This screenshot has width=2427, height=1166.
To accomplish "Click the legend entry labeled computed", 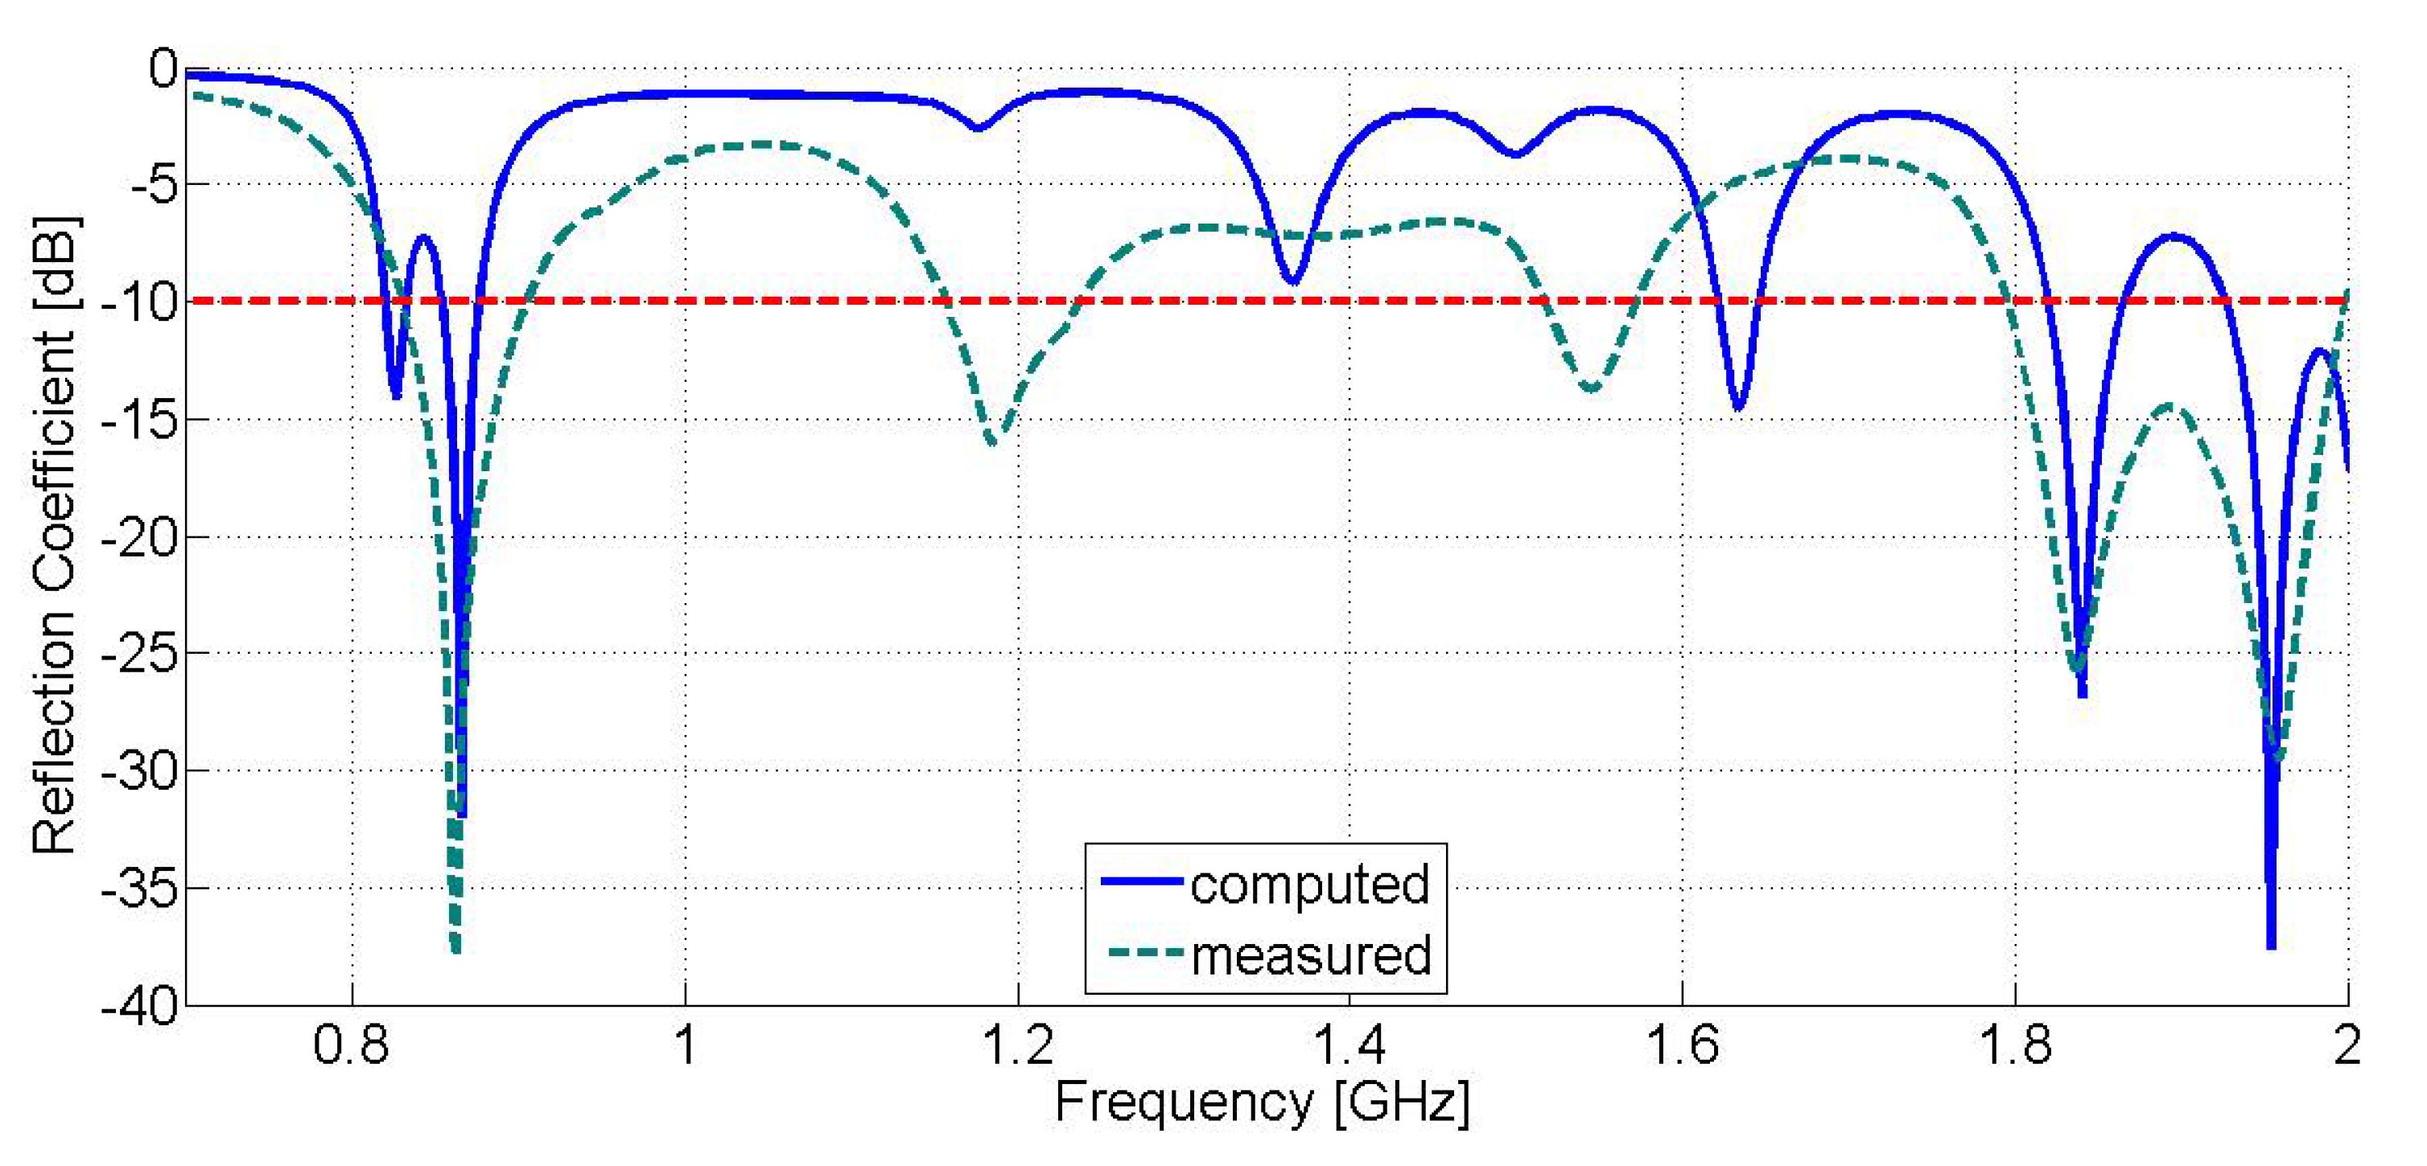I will click(x=1309, y=885).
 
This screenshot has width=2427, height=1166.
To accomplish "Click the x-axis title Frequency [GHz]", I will click(x=1262, y=1102).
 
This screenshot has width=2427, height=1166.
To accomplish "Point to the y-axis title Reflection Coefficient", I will click(x=54, y=537).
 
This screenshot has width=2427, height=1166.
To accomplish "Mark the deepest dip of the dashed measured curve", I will click(x=456, y=950).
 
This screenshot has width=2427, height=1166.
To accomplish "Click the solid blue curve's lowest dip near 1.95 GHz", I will click(x=2271, y=945).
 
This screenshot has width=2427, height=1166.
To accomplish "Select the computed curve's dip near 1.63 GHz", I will click(x=1738, y=407).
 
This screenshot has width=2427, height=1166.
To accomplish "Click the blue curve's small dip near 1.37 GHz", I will click(x=1292, y=281).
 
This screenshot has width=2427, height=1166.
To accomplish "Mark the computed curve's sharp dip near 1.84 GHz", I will click(x=2082, y=693).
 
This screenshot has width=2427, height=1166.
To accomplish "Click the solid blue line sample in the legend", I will click(x=1141, y=881).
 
